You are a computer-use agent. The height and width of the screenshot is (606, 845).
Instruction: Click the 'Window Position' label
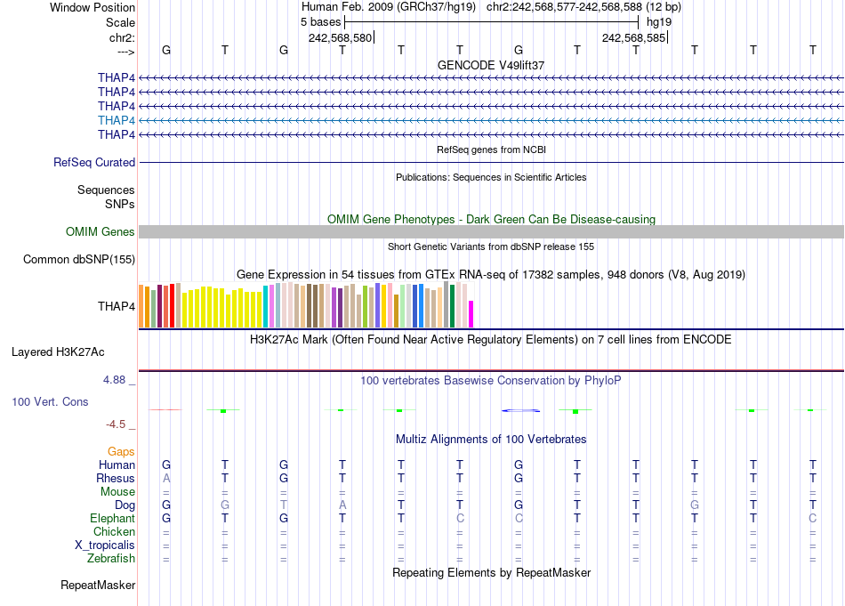coord(93,7)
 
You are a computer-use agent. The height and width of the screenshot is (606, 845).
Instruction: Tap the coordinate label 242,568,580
coord(340,38)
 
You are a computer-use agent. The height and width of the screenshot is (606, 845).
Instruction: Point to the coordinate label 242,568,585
coord(633,38)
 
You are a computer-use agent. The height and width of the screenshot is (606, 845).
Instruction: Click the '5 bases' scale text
coord(320,21)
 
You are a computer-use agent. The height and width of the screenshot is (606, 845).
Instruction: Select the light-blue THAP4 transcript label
coord(117,120)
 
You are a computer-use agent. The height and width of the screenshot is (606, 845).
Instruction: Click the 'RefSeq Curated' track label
coord(94,163)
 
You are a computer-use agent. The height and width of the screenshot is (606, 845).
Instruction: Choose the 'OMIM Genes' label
coord(101,232)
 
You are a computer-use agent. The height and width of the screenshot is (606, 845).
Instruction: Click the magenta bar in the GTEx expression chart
coord(471,315)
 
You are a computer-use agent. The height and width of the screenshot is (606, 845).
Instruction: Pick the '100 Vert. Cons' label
coord(50,402)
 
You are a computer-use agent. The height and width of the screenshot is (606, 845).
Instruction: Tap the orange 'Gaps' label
coord(121,452)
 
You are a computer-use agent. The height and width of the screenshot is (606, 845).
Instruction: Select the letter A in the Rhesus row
coord(166,479)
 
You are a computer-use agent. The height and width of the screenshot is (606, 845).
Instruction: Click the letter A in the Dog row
coord(342,505)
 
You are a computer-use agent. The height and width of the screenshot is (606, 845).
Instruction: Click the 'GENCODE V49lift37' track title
coord(491,66)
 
